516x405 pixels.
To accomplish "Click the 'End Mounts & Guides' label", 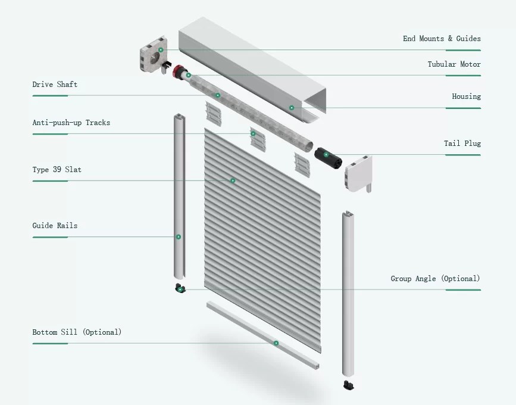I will pos(442,39).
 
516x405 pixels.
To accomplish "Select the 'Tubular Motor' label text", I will pos(454,64).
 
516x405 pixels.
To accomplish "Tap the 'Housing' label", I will pos(466,96).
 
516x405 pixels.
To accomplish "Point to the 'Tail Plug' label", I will pos(462,144).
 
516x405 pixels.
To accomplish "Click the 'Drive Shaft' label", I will pos(55,85).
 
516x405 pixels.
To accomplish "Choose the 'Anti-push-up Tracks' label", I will pos(71,123).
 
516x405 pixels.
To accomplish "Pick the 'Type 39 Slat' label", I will pos(57,170).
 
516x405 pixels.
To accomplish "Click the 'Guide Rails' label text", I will pos(55,226).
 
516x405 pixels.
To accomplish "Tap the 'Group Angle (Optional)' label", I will pos(435,279).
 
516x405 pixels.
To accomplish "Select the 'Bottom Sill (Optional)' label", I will pos(77,332).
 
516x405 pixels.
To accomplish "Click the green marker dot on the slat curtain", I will pos(233,180).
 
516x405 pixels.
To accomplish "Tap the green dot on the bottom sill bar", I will pos(276,343).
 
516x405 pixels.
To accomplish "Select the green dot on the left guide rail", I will pos(178,237).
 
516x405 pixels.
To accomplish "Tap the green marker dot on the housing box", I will pos(292,108).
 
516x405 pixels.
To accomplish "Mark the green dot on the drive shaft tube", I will pos(218,95).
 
